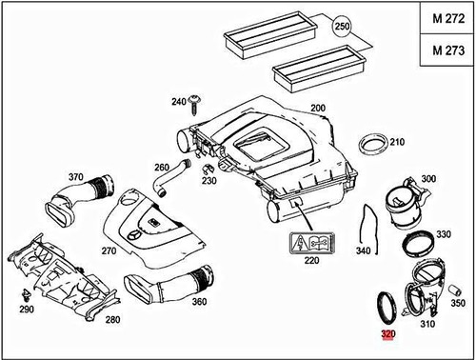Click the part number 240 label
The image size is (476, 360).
click(178, 102)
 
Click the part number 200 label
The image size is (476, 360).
click(317, 109)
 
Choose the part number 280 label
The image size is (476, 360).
click(112, 320)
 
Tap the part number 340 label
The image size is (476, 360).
click(362, 251)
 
